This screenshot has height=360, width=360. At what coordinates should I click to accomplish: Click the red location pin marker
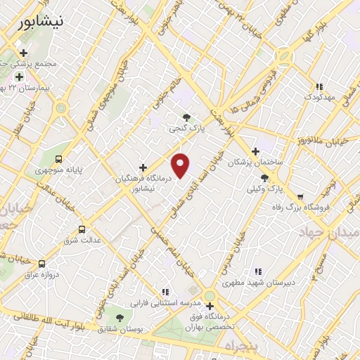181,165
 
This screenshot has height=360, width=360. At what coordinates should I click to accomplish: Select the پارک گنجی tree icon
186,117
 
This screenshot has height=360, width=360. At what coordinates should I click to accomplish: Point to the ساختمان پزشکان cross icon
255,151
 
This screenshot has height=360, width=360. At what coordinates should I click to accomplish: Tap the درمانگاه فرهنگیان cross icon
143,168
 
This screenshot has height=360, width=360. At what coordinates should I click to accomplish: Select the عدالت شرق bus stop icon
82,229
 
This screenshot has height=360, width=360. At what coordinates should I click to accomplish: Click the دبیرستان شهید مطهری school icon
258,271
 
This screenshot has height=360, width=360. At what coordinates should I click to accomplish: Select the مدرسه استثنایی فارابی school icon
165,291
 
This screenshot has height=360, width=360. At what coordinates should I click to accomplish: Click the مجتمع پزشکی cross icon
25,53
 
